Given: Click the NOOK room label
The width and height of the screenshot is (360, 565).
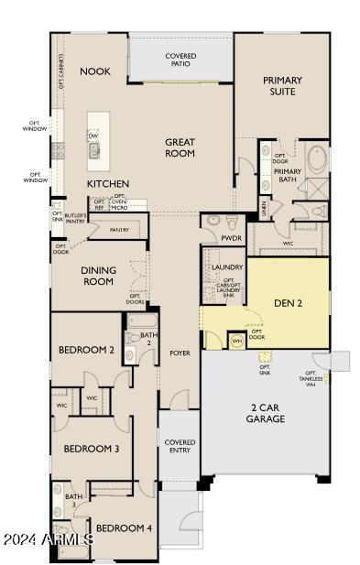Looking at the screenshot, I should point(94,71).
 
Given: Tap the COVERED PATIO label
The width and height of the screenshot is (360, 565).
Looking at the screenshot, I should point(180,60).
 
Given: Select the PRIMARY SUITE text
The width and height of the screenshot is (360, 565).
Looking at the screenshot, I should point(282,86).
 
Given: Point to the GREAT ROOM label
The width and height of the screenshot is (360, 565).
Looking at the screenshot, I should point(180,147).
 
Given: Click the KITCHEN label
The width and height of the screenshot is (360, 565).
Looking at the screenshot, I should point(108,184).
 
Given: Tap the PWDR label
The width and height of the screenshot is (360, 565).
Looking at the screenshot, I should point(231,237).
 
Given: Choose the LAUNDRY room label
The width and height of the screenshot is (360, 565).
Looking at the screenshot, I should point(226,267).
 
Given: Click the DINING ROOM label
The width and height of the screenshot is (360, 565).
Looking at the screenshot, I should point(97,276).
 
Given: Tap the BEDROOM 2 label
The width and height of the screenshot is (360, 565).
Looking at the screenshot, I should point(86,350).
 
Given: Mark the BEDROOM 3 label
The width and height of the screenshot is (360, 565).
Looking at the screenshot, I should point(92,449).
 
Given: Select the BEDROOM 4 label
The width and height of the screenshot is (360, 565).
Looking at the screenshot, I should point(125,528).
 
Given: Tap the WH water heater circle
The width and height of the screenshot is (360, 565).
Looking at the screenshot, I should point(235,342).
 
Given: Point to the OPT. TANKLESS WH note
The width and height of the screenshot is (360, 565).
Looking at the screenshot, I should point(311,377).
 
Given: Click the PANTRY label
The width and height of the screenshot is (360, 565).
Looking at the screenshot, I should point(119,230).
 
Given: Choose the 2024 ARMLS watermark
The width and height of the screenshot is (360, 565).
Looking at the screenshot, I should point(48,539).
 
